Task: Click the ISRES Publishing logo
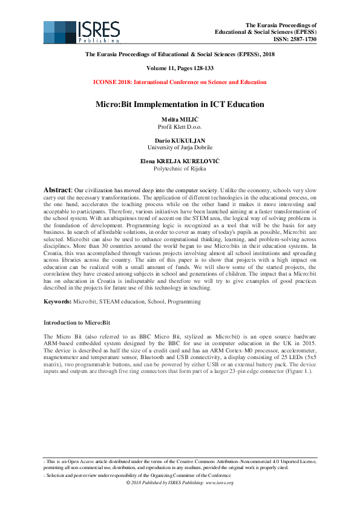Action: point(82,31)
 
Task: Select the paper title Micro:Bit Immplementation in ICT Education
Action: point(180,104)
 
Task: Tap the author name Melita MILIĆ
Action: point(180,121)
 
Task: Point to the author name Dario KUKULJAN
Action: point(180,140)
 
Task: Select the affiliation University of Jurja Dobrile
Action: point(180,147)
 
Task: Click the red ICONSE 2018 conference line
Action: point(180,82)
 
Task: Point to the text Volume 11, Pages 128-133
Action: point(180,68)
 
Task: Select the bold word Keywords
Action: point(58,300)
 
